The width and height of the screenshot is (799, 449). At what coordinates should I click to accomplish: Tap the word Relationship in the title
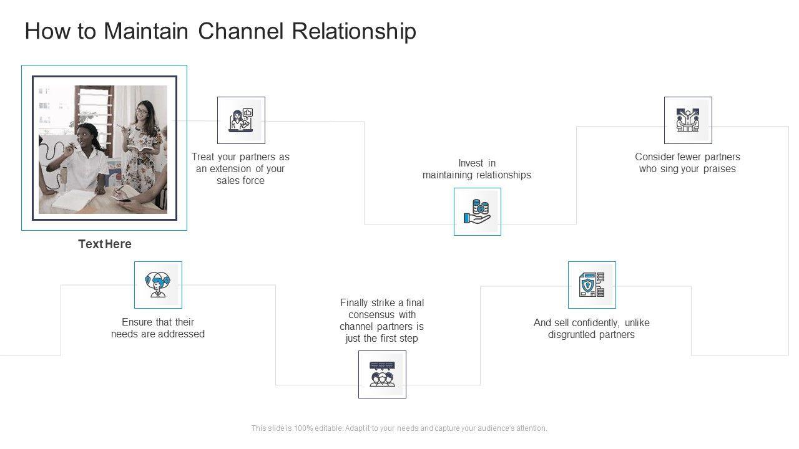point(355,31)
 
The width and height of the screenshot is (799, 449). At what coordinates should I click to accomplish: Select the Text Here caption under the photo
point(105,244)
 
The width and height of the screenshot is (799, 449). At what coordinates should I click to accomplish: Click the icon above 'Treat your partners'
point(241,120)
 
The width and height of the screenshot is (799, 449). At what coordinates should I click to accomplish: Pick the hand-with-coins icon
point(478,212)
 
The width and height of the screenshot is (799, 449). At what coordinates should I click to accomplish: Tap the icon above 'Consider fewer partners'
point(688,120)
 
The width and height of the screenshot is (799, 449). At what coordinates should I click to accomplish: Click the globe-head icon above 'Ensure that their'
point(158,285)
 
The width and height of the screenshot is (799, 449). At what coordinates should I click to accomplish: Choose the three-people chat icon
point(382,374)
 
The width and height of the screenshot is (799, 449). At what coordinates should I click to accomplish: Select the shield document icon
point(592,285)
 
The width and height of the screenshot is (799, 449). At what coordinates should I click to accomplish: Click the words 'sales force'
point(241,181)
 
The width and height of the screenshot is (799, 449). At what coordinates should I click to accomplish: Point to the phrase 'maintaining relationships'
point(477,175)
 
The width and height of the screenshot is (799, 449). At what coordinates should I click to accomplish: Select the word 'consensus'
point(382,315)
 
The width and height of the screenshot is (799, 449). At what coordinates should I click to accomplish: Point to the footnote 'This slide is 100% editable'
point(399,428)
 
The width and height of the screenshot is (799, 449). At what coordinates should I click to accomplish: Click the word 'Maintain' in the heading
point(146,31)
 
